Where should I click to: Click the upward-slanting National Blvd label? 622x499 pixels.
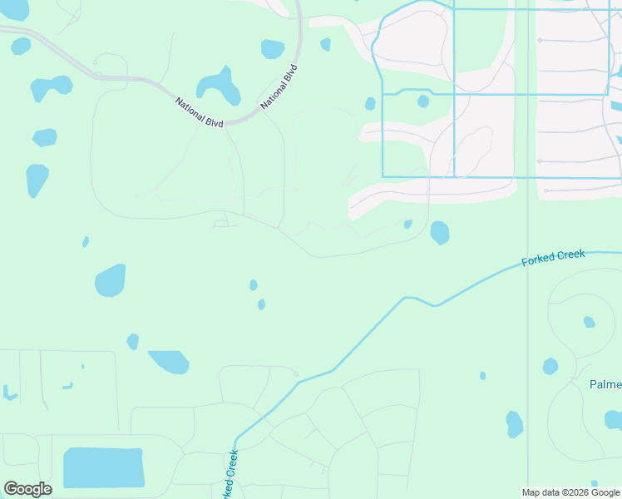coord(279,86)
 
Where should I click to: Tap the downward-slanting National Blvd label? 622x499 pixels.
coord(200,112)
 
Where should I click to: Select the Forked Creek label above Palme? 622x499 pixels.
coord(553,258)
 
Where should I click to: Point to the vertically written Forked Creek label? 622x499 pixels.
coord(231,474)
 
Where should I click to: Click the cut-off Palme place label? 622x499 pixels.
coord(605,384)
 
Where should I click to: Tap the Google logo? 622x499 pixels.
coord(27,489)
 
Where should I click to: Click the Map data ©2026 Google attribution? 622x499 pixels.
coord(570,492)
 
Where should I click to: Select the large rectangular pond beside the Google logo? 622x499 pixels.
coord(104,467)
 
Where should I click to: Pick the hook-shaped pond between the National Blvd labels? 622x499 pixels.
coord(220,86)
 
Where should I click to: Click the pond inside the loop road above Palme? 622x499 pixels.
coord(589,322)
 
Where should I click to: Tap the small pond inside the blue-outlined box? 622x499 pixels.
coord(423,101)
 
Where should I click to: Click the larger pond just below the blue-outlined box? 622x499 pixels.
coord(440,232)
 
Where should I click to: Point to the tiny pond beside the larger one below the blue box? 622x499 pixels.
coord(407,224)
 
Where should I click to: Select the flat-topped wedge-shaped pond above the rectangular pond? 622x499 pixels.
coord(170,362)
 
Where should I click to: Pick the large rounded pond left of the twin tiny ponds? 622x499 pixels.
coord(110,280)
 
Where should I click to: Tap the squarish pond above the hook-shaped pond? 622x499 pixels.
coord(273,49)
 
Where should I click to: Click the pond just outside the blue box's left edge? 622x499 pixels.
coord(370,104)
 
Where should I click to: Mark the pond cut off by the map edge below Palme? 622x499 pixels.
coord(614,419)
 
